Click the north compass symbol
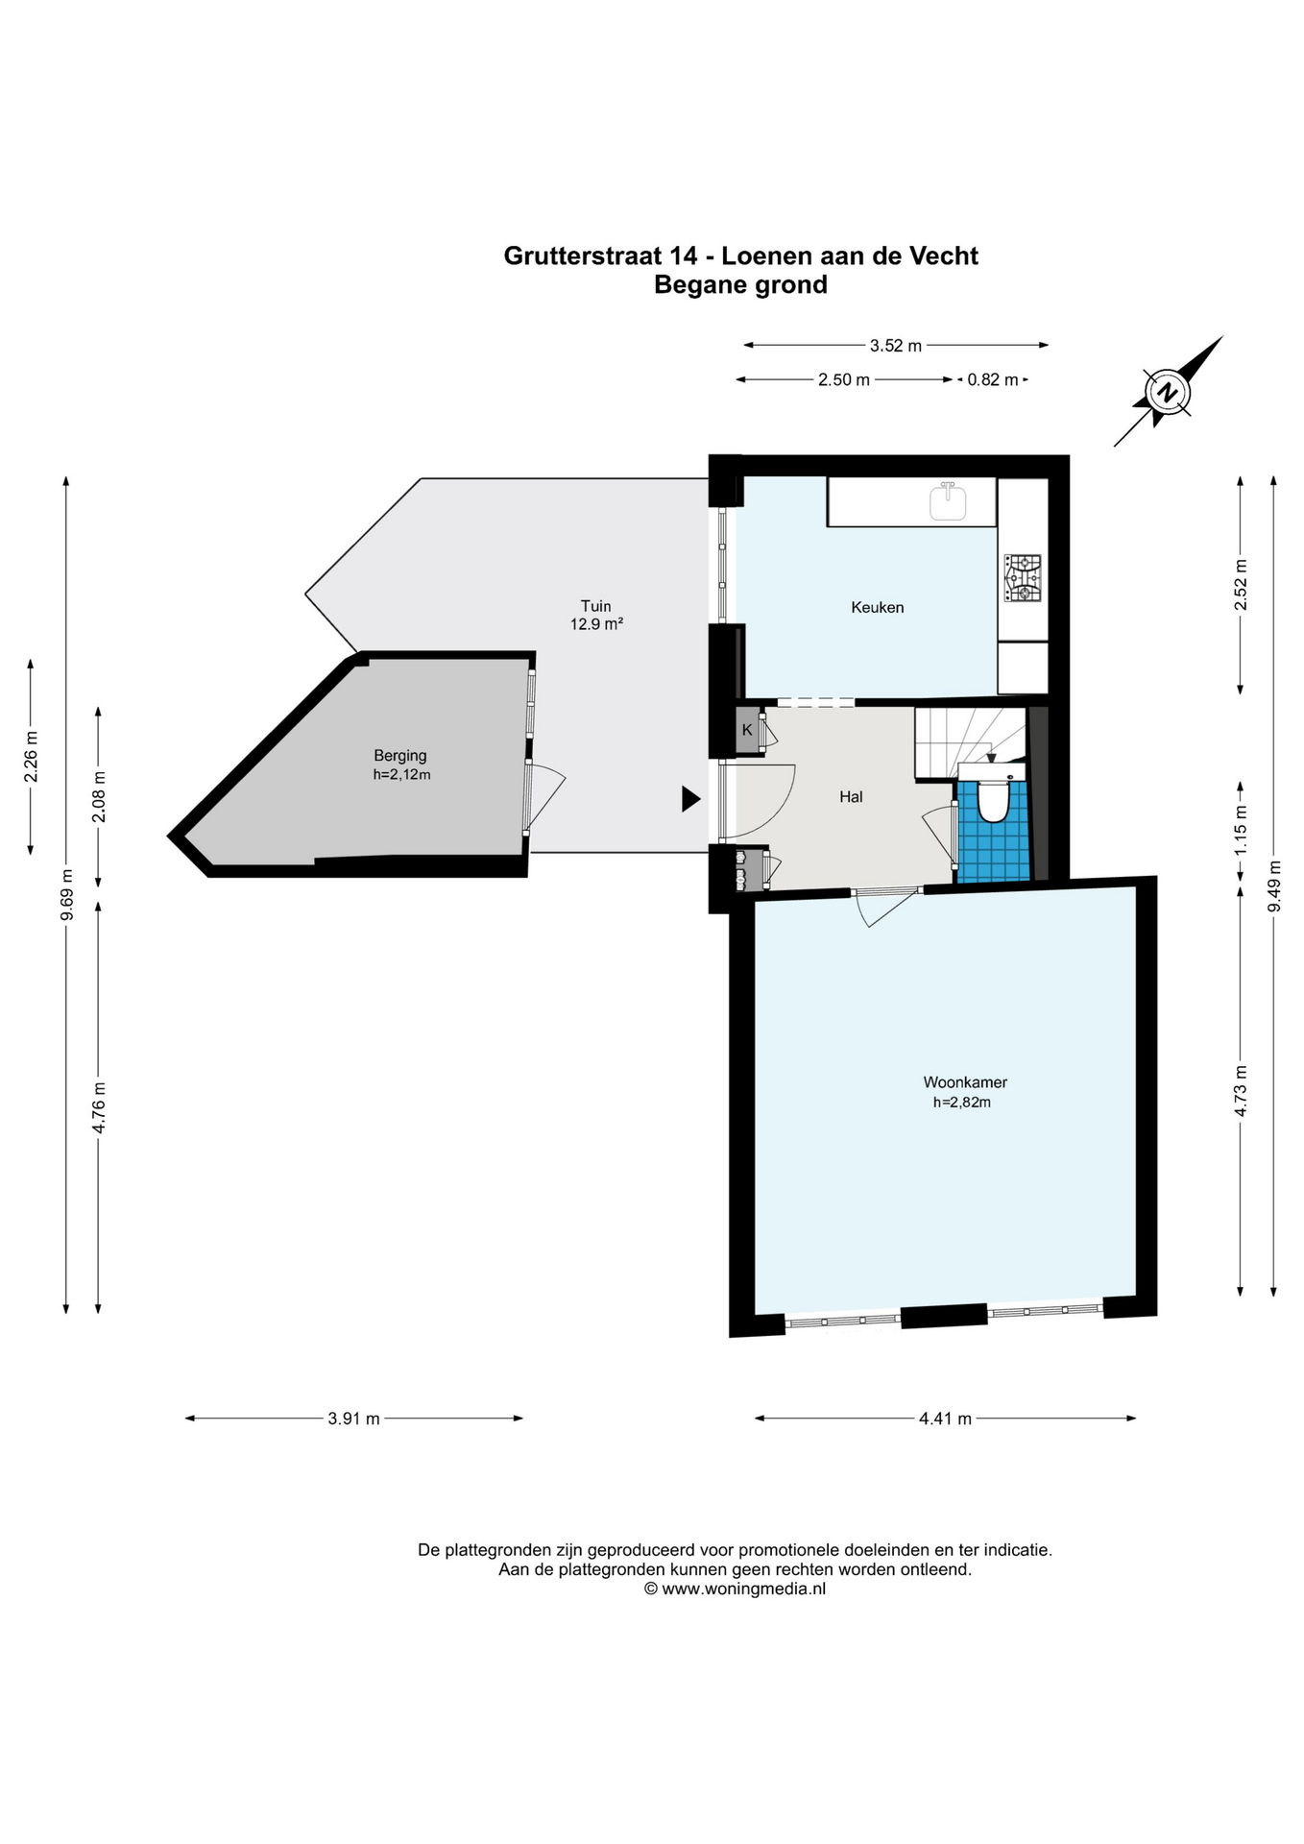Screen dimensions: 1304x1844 1168,393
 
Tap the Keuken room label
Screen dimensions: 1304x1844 877,607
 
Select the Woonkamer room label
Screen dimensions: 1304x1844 965,1082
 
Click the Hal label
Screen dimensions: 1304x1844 851,796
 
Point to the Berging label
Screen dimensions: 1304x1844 400,756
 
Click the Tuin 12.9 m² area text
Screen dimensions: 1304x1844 596,615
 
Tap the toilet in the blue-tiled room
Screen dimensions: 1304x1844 993,801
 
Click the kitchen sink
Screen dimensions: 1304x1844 948,501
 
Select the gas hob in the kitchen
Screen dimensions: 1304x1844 1023,578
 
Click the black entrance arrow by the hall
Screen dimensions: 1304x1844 690,798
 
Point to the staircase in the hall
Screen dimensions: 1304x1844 970,742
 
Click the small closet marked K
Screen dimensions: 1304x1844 748,730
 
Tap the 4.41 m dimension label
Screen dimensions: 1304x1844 945,1418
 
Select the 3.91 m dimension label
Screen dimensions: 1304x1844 353,1418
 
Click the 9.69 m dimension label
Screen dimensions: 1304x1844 66,894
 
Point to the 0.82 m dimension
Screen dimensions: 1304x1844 992,379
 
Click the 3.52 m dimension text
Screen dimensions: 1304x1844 895,345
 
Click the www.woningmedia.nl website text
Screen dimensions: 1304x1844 744,1589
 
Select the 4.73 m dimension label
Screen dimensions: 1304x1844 1241,1091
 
